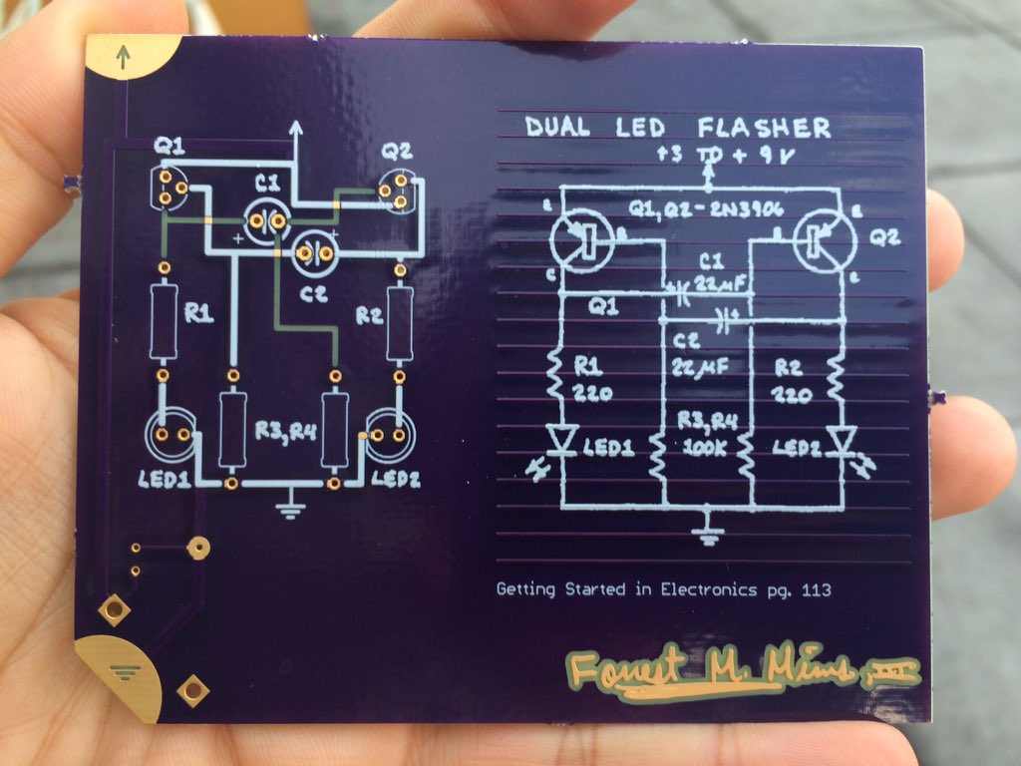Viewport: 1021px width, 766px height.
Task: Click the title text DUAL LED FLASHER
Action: [x=677, y=128]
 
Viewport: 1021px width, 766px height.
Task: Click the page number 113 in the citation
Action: [x=815, y=589]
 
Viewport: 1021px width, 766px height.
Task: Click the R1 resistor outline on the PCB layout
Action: [x=164, y=321]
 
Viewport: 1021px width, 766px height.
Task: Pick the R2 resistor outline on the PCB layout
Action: [x=400, y=321]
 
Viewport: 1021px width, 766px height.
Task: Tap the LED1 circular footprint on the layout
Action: [x=170, y=435]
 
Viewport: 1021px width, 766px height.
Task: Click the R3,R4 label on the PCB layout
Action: [x=283, y=431]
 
